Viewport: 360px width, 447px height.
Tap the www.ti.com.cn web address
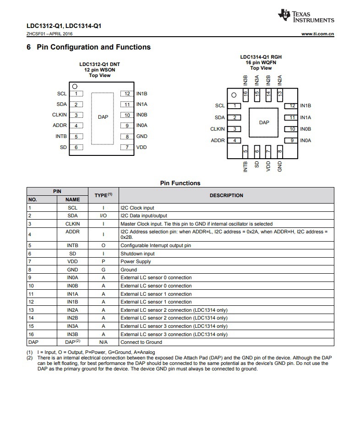(317, 34)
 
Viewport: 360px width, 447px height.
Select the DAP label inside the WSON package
(103, 117)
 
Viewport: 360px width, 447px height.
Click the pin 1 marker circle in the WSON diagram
(75, 86)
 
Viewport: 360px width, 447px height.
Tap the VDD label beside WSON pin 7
(142, 147)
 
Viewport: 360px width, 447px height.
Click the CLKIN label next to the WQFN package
(218, 129)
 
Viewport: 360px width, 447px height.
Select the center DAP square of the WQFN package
(264, 123)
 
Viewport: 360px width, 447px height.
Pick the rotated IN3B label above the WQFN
(245, 81)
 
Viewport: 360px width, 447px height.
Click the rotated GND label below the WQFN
(280, 166)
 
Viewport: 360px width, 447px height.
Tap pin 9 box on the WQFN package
(291, 141)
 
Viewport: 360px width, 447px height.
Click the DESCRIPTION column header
(226, 195)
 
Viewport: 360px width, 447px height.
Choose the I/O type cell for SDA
(104, 216)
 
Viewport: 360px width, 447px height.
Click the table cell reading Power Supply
(136, 262)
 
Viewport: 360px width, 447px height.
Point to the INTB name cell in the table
(72, 246)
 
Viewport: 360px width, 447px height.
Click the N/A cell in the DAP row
(104, 342)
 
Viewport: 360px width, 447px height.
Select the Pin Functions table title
(180, 183)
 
